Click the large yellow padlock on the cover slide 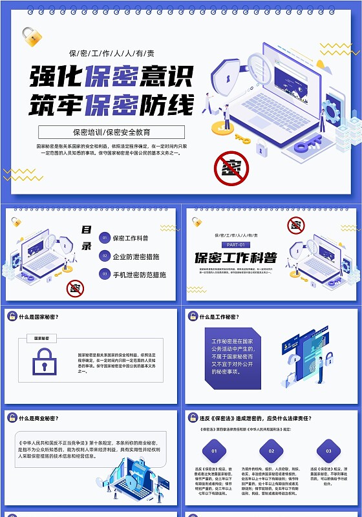point(31,37)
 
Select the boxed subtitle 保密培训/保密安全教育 point(111,132)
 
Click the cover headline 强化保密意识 point(111,76)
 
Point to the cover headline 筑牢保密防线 point(111,104)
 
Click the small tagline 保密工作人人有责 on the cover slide point(111,53)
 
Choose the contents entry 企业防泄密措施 point(136,257)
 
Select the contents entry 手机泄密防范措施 point(139,275)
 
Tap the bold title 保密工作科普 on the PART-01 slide point(235,258)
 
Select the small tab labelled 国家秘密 point(41,338)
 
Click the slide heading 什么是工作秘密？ point(219,317)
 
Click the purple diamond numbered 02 point(271,450)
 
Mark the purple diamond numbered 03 point(328,450)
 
